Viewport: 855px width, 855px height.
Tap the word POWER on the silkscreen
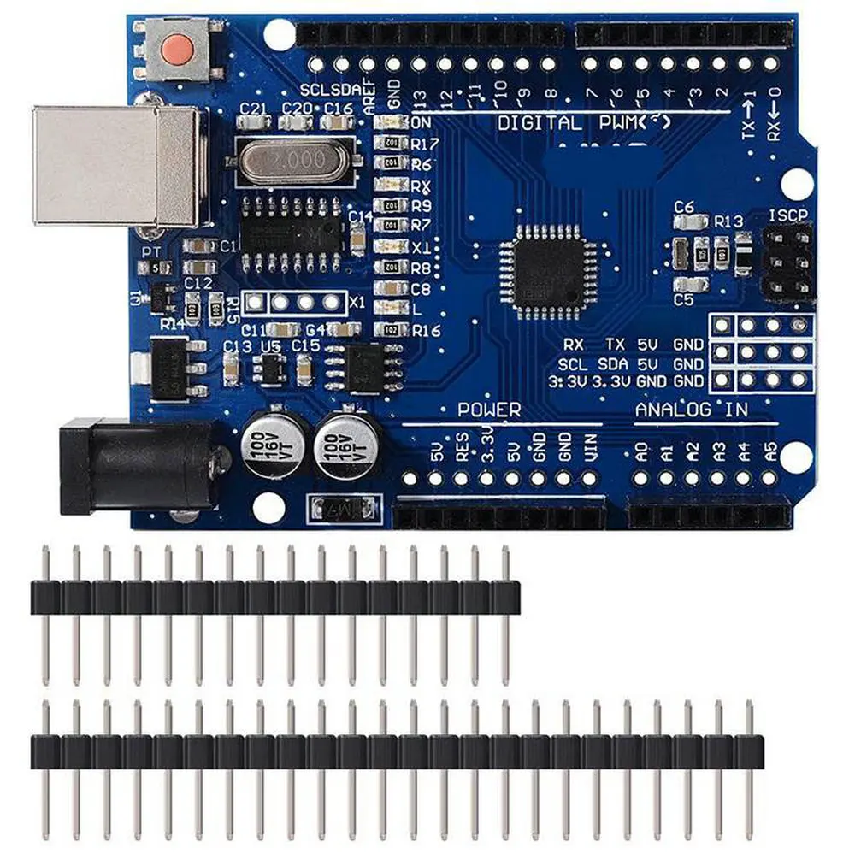(488, 410)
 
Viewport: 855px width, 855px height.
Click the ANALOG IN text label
(692, 410)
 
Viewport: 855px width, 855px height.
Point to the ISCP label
(788, 215)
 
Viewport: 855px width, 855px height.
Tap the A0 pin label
(641, 451)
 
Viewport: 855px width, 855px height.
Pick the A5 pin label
(771, 451)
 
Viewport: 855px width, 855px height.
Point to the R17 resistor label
(426, 144)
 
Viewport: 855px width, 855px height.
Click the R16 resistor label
(426, 331)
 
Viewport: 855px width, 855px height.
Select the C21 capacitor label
(254, 109)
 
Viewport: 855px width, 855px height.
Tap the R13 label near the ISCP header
(728, 221)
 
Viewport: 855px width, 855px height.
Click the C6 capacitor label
(684, 206)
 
